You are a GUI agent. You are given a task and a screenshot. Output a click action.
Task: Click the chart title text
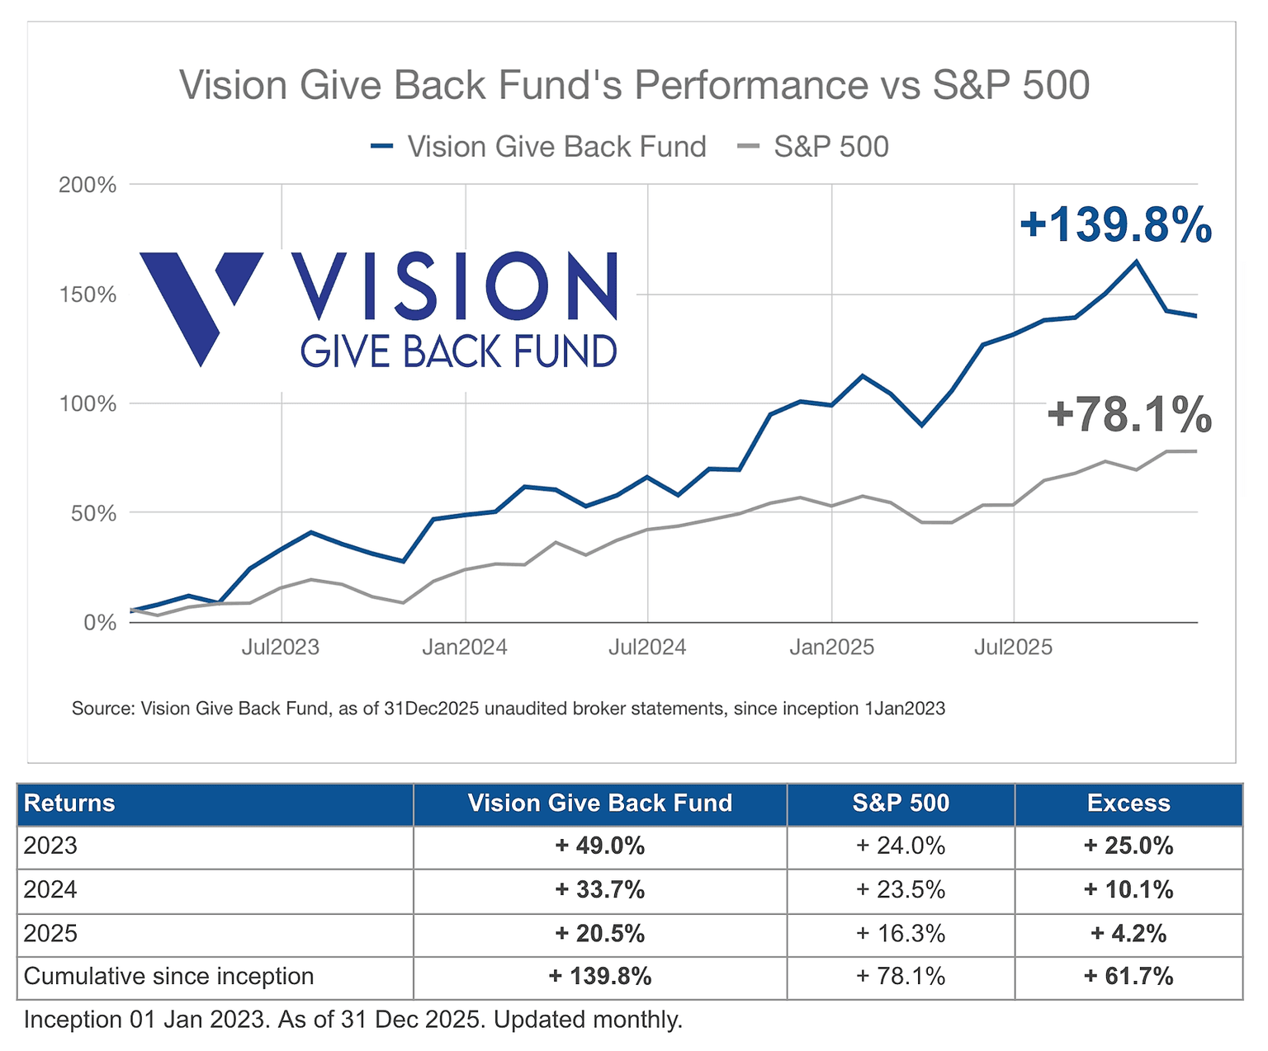634,85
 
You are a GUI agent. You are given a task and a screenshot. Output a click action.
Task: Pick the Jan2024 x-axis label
465,647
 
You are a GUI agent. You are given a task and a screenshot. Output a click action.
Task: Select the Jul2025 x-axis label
1013,647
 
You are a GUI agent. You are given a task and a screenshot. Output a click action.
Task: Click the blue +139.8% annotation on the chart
1115,224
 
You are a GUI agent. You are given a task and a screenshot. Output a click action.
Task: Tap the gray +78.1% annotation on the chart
1128,414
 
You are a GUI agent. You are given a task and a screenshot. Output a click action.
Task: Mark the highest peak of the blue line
1136,262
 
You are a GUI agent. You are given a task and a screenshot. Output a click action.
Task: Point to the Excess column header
1128,804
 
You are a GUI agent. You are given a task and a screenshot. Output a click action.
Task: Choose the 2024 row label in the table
51,890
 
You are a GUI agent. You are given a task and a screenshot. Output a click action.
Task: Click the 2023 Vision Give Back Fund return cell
599,846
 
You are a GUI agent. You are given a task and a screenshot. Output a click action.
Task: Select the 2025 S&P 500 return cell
900,933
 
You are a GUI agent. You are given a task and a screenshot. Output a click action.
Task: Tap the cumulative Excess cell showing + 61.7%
1128,977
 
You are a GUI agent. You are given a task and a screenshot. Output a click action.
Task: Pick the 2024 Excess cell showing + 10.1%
1128,890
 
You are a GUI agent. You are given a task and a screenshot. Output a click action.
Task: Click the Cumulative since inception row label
169,977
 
